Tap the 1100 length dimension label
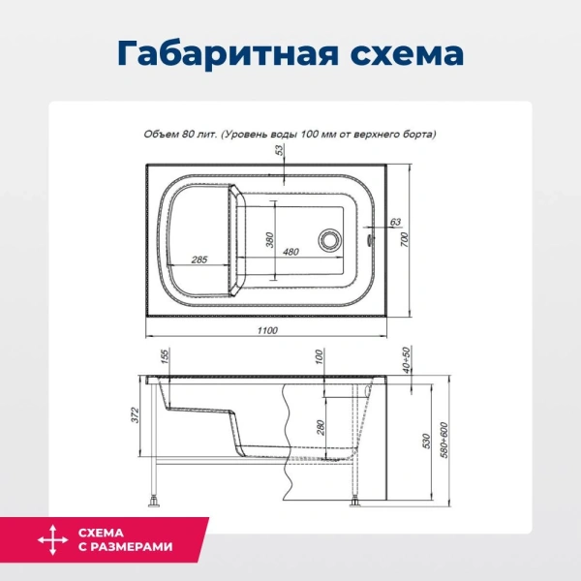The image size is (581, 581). [x=267, y=332]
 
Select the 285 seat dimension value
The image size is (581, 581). [x=199, y=260]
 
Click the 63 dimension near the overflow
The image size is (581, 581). [x=394, y=223]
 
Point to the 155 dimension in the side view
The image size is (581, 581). [x=166, y=355]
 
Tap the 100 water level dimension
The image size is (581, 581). [x=318, y=356]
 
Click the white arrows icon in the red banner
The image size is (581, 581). [x=46, y=538]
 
